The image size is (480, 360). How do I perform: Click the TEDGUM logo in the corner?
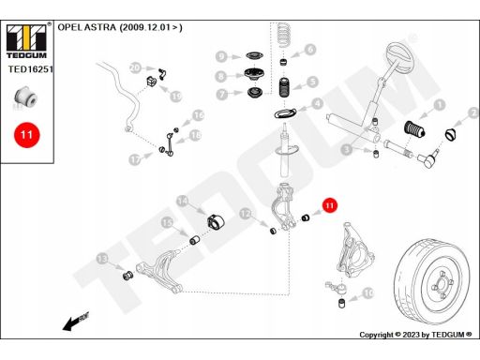26,41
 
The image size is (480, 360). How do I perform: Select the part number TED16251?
31,69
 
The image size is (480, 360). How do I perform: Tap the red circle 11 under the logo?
27,135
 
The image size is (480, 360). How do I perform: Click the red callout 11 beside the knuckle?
330,205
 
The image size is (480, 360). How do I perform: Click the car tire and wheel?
432,281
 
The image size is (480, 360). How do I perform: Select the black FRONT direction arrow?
76,322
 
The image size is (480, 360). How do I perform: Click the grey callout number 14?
183,202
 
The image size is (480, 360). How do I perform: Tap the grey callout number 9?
221,56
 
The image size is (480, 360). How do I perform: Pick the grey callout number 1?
440,105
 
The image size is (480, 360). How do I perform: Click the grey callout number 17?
135,159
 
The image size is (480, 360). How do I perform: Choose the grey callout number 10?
368,293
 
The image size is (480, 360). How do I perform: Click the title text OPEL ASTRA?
86,27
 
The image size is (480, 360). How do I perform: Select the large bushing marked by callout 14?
216,221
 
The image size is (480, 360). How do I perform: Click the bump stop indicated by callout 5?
284,87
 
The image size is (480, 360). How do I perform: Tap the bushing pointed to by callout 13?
127,276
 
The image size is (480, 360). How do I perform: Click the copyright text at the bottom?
415,335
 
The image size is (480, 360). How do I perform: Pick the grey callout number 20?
136,67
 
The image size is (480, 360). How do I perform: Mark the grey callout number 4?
318,103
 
